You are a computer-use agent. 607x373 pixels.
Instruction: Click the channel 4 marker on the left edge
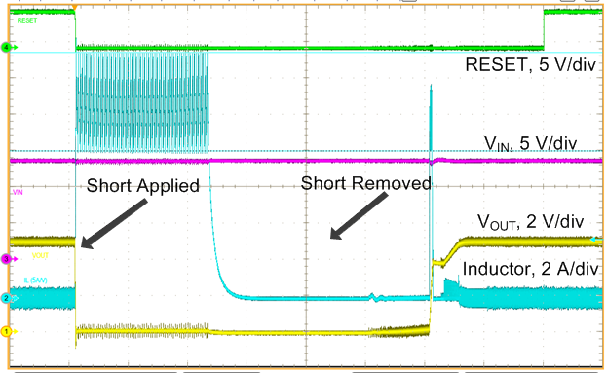pyautogui.click(x=6, y=47)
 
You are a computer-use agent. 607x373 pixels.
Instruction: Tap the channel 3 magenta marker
pyautogui.click(x=6, y=259)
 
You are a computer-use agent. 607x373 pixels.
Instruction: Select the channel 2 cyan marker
pyautogui.click(x=6, y=298)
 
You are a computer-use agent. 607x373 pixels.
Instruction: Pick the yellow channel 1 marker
pyautogui.click(x=6, y=332)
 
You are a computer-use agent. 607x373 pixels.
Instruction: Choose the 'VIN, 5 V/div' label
pyautogui.click(x=531, y=145)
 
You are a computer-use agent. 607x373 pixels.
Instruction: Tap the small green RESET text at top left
pyautogui.click(x=22, y=18)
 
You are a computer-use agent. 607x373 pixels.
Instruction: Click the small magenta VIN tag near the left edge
pyautogui.click(x=17, y=194)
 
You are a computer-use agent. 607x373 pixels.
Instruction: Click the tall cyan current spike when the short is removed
pyautogui.click(x=430, y=117)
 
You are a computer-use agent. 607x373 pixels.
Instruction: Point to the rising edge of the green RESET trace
pyautogui.click(x=544, y=29)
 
